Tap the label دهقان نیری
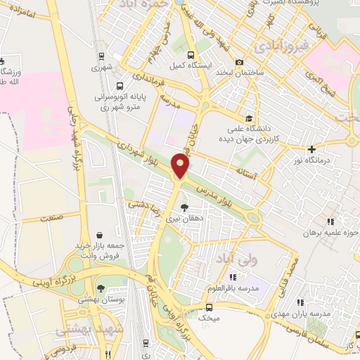tap(184, 219)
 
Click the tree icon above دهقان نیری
tap(184, 207)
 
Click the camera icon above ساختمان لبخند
tap(240, 62)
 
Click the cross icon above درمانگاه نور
tap(312, 148)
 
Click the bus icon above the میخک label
tap(209, 307)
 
